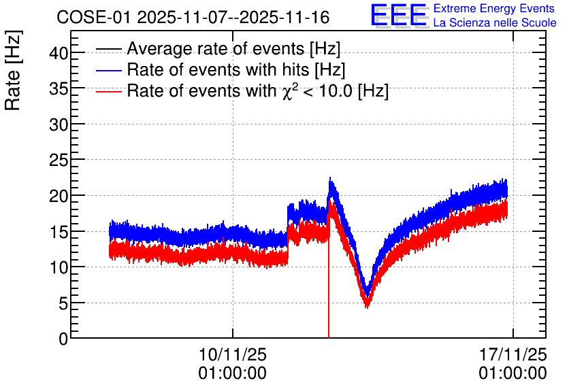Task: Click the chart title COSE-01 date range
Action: coord(193,17)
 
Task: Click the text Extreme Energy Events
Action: coord(494,8)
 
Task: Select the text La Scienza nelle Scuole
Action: coord(495,23)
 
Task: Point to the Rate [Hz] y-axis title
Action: coord(13,70)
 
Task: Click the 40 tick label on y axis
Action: coord(59,54)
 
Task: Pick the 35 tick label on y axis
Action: coord(59,89)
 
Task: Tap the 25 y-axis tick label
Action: coord(59,160)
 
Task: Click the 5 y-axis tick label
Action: coord(63,303)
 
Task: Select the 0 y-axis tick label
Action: coord(63,339)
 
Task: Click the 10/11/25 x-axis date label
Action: coord(233,354)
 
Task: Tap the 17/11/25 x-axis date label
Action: coord(513,354)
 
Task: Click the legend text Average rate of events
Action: coord(233,48)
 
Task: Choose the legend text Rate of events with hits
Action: coord(236,69)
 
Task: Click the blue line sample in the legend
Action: coord(108,70)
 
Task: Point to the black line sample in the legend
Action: coord(108,49)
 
